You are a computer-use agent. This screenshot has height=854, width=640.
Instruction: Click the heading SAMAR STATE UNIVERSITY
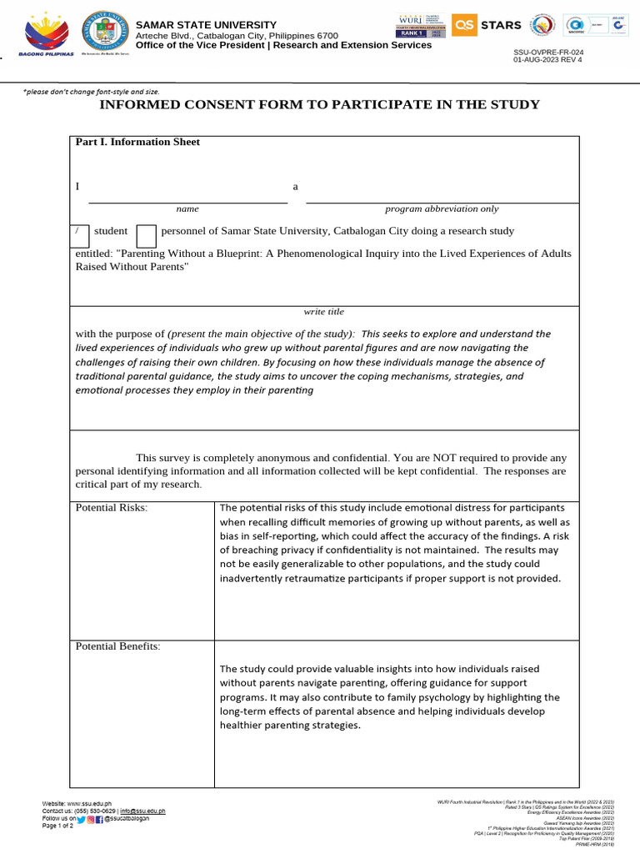click(206, 25)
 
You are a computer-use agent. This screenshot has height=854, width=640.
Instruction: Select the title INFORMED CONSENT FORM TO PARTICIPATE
click(319, 104)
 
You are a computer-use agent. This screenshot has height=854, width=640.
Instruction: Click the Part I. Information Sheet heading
click(137, 142)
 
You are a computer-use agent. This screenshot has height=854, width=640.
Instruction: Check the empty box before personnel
click(146, 236)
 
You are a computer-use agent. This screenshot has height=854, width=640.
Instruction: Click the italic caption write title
click(323, 311)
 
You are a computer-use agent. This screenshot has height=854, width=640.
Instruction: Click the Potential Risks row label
click(111, 508)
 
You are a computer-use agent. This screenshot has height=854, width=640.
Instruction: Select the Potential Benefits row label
click(117, 646)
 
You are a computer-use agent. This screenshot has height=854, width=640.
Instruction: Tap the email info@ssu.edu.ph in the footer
click(142, 811)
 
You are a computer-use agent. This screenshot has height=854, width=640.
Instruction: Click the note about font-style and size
click(91, 91)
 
